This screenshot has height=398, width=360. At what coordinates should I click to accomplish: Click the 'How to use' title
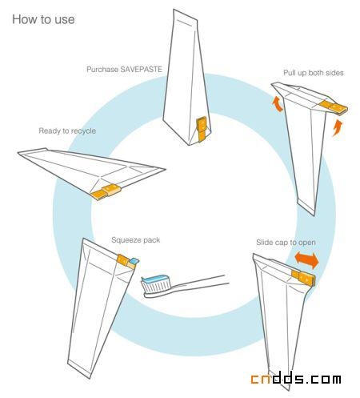tap(43, 19)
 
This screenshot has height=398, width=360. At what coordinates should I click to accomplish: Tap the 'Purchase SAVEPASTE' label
tap(124, 70)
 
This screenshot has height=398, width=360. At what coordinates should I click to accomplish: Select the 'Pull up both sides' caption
tap(314, 73)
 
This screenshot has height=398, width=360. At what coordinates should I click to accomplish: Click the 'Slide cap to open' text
tap(286, 243)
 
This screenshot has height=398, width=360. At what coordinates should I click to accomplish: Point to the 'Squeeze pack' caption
tap(136, 240)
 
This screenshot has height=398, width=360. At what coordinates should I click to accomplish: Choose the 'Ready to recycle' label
tap(67, 131)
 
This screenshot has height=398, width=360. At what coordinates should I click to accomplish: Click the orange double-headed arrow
tap(307, 259)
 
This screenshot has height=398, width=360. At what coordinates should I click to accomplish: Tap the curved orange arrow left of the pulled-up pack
tap(278, 105)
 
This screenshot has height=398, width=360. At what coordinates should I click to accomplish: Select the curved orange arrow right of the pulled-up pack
tap(338, 127)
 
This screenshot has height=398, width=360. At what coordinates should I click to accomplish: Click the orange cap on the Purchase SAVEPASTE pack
tap(202, 129)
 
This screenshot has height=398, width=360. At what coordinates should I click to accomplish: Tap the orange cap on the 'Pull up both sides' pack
tap(334, 107)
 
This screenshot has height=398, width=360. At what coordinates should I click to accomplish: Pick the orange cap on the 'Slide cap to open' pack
tap(303, 278)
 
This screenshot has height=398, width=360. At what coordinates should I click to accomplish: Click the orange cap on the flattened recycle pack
tap(106, 191)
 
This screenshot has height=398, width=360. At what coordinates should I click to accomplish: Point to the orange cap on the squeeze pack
tap(126, 261)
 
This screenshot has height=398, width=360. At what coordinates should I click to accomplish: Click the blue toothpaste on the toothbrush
tap(156, 279)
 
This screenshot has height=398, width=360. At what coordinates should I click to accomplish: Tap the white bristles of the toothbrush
tap(156, 286)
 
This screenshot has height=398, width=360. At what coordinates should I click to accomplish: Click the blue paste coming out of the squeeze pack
tap(134, 261)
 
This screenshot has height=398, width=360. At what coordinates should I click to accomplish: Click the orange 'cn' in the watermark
tap(262, 379)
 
